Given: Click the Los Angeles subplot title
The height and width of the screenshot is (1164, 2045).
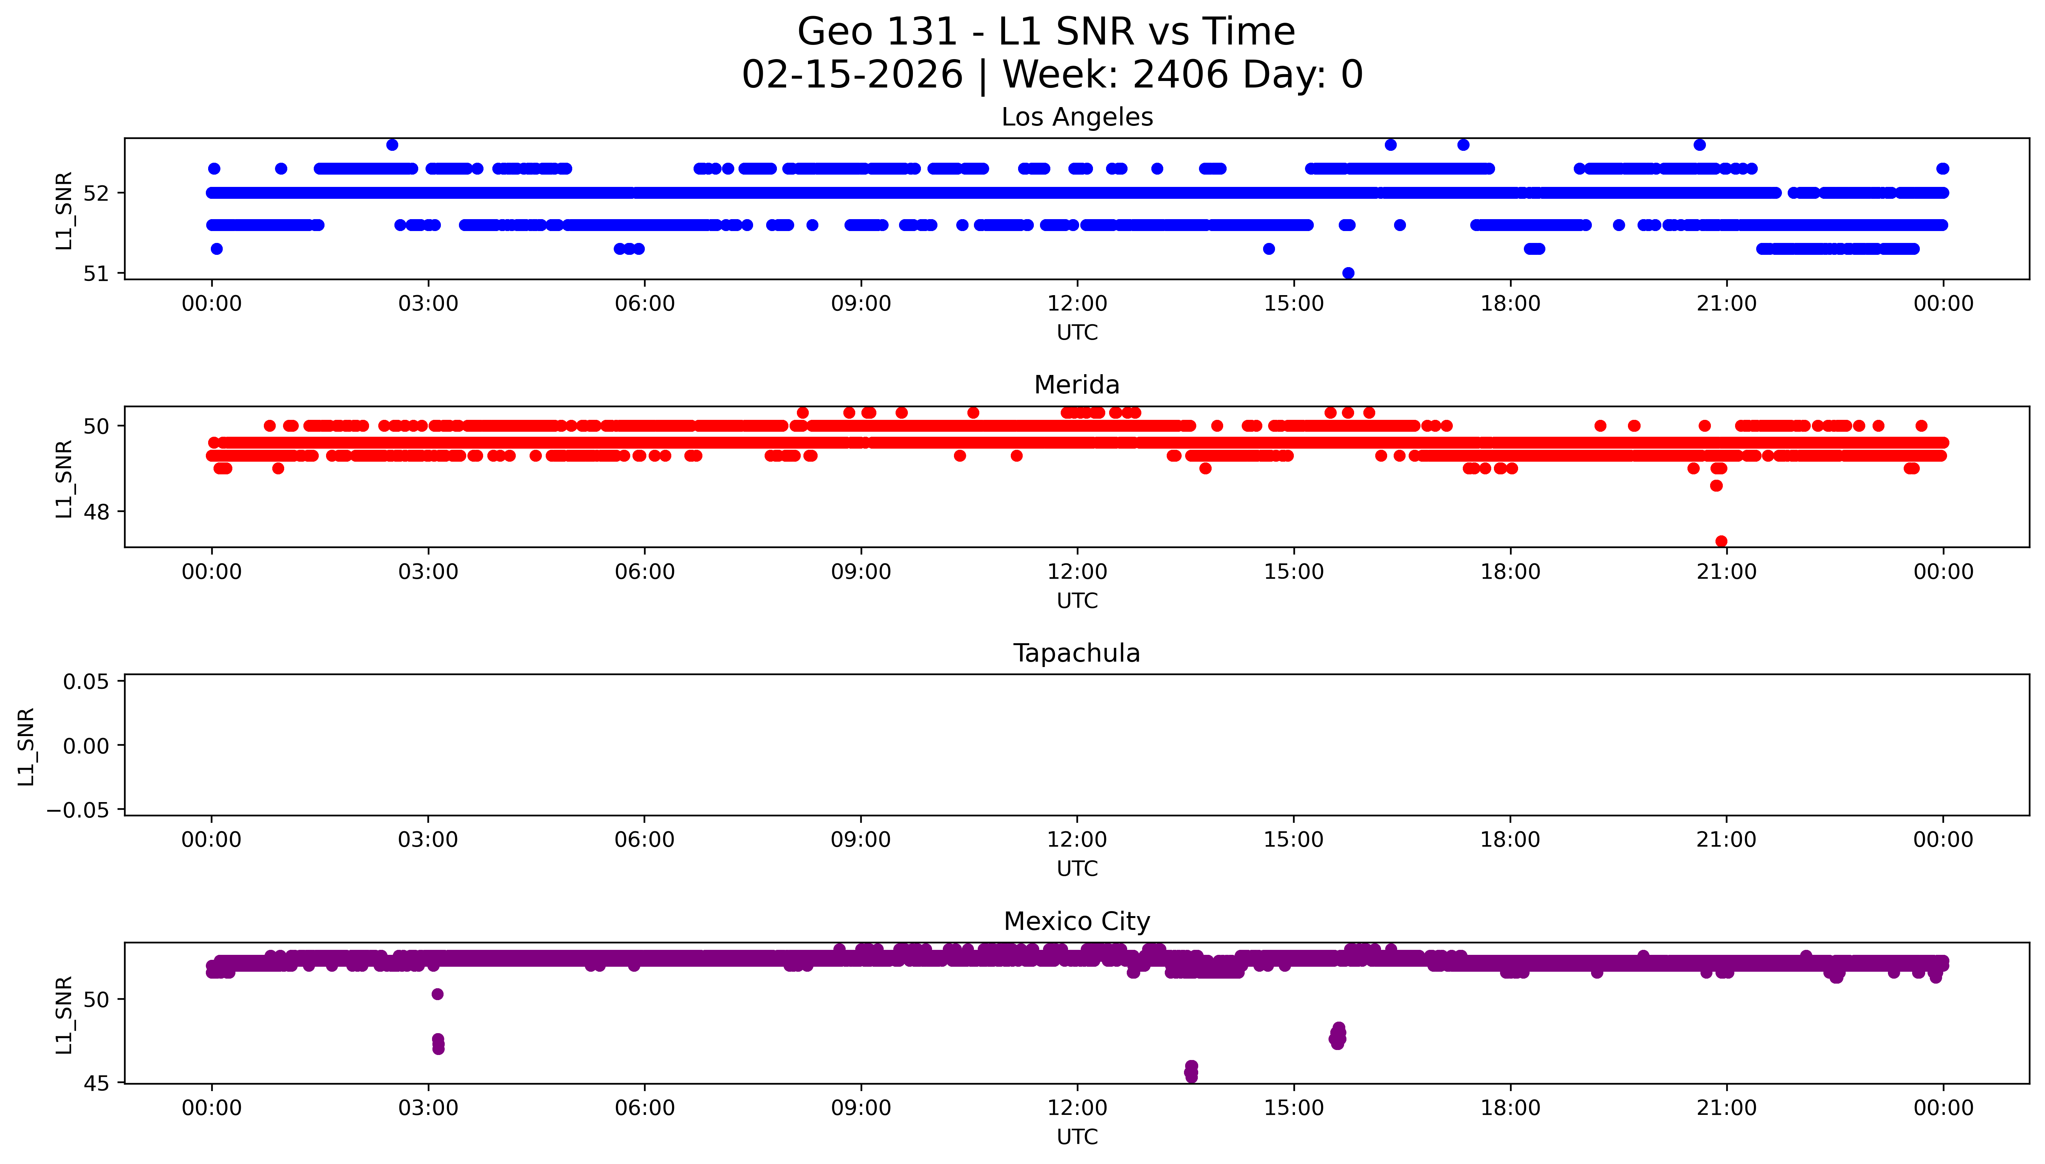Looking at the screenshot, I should tap(1076, 117).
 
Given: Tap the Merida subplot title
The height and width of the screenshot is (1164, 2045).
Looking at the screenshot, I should tap(1076, 385).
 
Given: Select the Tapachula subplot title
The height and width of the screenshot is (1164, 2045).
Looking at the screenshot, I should tap(1076, 653).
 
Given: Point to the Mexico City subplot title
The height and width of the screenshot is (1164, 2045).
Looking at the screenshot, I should tap(1076, 922).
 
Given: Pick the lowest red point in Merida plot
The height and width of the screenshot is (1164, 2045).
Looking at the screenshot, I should tap(1721, 541).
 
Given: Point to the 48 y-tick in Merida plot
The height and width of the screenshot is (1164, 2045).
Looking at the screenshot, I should tap(97, 512).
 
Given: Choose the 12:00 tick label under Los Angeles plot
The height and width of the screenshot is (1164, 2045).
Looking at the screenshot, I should tap(1077, 304).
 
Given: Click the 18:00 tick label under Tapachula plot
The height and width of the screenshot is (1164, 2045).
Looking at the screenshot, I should tap(1510, 840).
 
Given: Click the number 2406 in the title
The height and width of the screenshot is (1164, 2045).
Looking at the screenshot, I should tap(1181, 75).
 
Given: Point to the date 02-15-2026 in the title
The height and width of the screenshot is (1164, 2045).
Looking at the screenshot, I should tap(852, 75).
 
